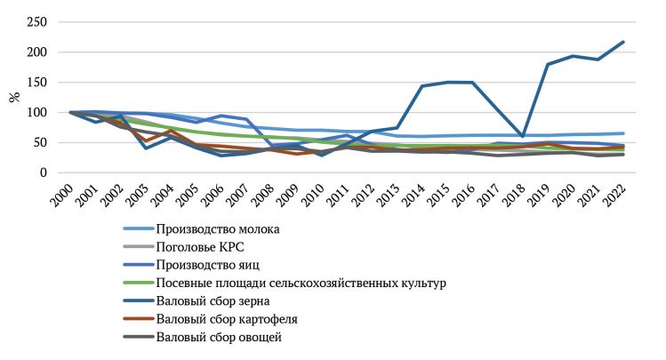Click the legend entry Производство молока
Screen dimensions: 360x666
pos(217,229)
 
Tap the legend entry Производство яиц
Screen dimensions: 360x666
pos(210,265)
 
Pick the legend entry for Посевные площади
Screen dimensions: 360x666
pos(301,283)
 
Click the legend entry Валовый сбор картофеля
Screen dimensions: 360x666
pos(226,318)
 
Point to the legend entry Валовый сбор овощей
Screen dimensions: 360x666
pos(219,336)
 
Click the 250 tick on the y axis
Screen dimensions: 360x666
pos(36,21)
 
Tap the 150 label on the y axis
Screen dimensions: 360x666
pos(36,82)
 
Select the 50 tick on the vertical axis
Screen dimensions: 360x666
pos(40,142)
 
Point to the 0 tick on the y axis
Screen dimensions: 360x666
pos(44,172)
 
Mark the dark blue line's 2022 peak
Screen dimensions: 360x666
pos(622,42)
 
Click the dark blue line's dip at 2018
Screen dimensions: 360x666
pos(522,137)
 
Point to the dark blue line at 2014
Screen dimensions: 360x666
pos(421,86)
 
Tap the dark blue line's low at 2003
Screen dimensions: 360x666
pos(145,148)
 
